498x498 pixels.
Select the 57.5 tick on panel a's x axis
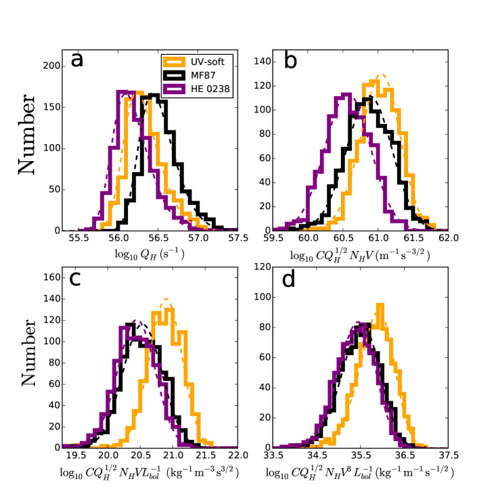pyautogui.click(x=237, y=239)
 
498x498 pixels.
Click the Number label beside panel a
pyautogui.click(x=28, y=138)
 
